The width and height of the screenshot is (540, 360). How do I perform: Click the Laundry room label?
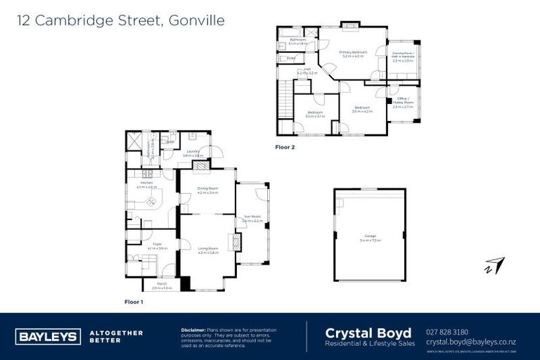pyautogui.click(x=192, y=151)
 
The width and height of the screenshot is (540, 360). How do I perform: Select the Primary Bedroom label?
pyautogui.click(x=353, y=52)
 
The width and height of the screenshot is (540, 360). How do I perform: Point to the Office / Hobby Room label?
pyautogui.click(x=403, y=102)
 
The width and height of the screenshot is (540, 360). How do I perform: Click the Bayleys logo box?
pyautogui.click(x=47, y=336)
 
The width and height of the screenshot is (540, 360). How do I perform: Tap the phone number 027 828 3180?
pyautogui.click(x=447, y=332)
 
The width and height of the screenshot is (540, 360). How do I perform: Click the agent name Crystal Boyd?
pyautogui.click(x=358, y=332)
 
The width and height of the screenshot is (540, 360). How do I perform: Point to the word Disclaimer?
pyautogui.click(x=193, y=329)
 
